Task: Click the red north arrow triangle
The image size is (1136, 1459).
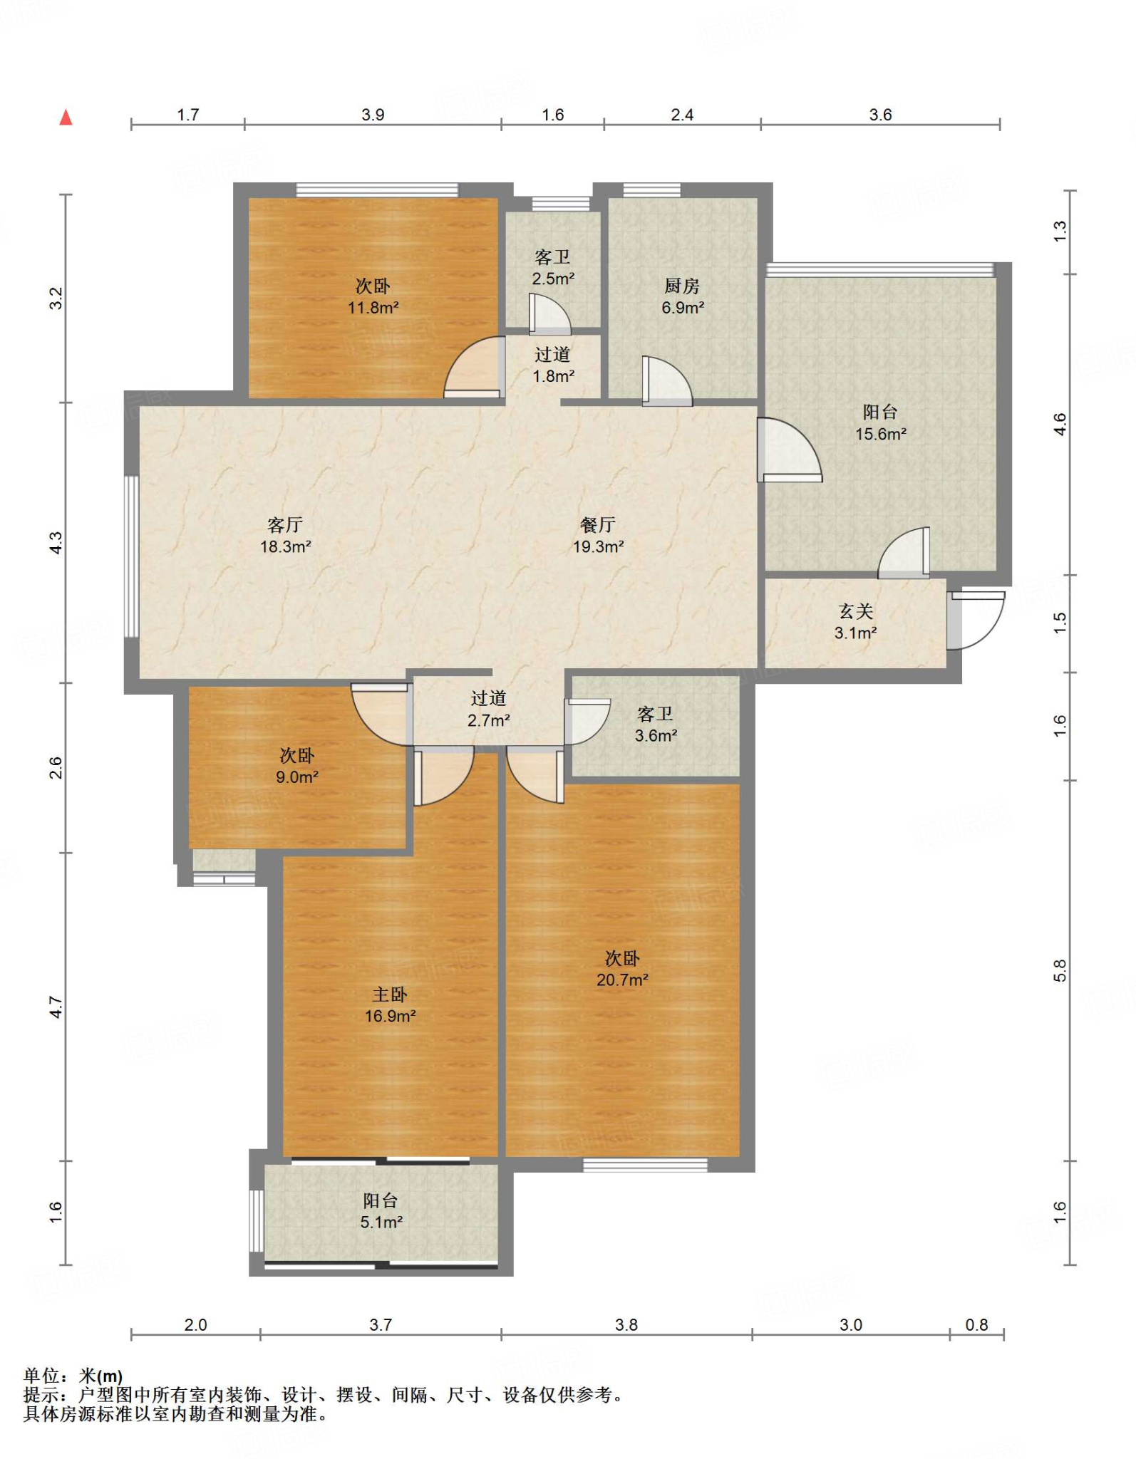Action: pyautogui.click(x=66, y=117)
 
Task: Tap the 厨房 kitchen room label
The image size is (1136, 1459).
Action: pyautogui.click(x=682, y=286)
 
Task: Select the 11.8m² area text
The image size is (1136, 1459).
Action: pyautogui.click(x=373, y=308)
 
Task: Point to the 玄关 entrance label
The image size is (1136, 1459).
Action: pyautogui.click(x=856, y=611)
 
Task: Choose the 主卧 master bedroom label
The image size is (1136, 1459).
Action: pyautogui.click(x=390, y=995)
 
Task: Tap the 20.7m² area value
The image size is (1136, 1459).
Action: pyautogui.click(x=622, y=980)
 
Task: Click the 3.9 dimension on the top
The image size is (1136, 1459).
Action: pyautogui.click(x=373, y=115)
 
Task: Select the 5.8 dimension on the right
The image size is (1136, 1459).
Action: pyautogui.click(x=1060, y=971)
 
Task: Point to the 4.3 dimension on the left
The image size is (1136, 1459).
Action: pyautogui.click(x=56, y=543)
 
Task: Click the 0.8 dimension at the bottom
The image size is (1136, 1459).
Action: pyautogui.click(x=976, y=1324)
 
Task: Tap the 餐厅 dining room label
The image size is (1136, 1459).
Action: pyautogui.click(x=598, y=525)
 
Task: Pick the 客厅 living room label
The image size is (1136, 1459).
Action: pyautogui.click(x=285, y=525)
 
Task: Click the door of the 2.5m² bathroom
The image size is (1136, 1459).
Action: pyautogui.click(x=549, y=315)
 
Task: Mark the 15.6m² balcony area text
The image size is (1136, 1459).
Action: pyautogui.click(x=881, y=434)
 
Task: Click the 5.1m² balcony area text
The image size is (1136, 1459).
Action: pyautogui.click(x=381, y=1222)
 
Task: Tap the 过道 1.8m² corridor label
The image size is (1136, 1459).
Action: pyautogui.click(x=553, y=365)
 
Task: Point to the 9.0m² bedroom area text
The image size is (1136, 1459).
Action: pyautogui.click(x=297, y=777)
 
